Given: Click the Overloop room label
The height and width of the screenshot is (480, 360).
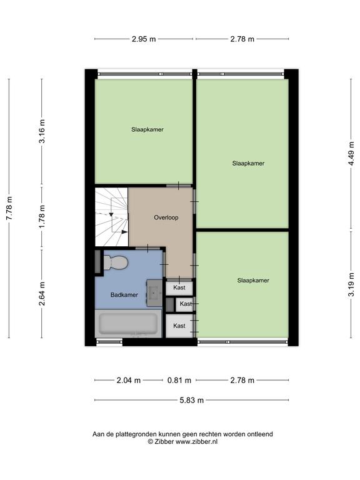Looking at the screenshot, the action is [166, 217].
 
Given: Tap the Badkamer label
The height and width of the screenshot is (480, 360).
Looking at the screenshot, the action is [124, 295].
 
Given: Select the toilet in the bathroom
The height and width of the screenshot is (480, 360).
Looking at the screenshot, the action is [116, 262].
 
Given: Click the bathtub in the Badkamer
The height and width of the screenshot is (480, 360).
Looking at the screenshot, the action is [128, 324].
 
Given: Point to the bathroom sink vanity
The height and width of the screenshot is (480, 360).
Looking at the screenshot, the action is [154, 292].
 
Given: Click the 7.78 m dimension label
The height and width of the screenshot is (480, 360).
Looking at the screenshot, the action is [9, 208].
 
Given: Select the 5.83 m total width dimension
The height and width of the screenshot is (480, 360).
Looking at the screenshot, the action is [192, 400].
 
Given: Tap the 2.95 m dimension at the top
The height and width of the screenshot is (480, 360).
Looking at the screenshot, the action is [144, 39].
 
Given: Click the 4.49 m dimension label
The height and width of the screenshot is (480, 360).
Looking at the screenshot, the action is [351, 153].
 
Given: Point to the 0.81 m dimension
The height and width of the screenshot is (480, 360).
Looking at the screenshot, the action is [179, 380].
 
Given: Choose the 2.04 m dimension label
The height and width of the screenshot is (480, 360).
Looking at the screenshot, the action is [129, 380].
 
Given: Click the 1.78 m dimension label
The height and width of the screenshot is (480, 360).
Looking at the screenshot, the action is [42, 216].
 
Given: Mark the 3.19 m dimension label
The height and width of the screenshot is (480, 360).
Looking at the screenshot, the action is [351, 284].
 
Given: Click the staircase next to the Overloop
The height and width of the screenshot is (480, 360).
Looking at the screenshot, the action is [111, 217].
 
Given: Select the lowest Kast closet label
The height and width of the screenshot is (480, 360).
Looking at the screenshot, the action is [179, 326].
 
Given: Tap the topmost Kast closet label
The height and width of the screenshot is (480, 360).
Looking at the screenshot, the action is [179, 287].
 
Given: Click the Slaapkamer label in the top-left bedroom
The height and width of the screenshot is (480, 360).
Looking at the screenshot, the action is [147, 129].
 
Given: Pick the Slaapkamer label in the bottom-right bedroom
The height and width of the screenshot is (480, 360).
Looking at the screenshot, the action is [253, 281].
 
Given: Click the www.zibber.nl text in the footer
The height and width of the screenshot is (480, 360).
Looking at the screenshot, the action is [196, 441].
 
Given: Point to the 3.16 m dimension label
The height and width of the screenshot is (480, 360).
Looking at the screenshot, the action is [42, 131].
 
